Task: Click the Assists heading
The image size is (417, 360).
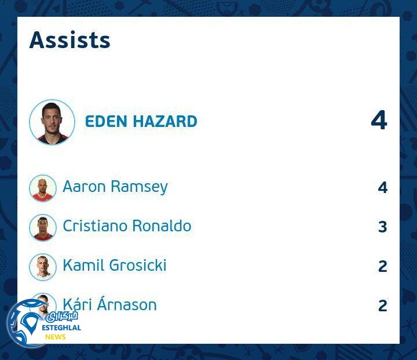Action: point(69,40)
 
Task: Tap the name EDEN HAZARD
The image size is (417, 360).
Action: point(141,122)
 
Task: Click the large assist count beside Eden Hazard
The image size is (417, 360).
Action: point(379,120)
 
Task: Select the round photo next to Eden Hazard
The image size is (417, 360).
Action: point(52,122)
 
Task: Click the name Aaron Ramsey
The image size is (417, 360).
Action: point(115,187)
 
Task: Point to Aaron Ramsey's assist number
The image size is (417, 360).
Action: point(382,187)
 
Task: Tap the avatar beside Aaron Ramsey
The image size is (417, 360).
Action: point(43,188)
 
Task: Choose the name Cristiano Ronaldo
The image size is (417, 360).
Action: point(127,226)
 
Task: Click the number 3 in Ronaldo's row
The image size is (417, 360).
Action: point(382,227)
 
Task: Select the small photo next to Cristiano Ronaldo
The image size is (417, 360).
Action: point(43,227)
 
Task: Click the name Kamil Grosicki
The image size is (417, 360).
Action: point(115,266)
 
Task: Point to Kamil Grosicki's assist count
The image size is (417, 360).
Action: point(382,266)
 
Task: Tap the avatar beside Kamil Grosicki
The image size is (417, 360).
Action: point(43,267)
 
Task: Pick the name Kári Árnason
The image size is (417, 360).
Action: point(109,305)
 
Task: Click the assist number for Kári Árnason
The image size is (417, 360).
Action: point(382,306)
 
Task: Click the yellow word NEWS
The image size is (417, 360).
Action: point(56,337)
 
